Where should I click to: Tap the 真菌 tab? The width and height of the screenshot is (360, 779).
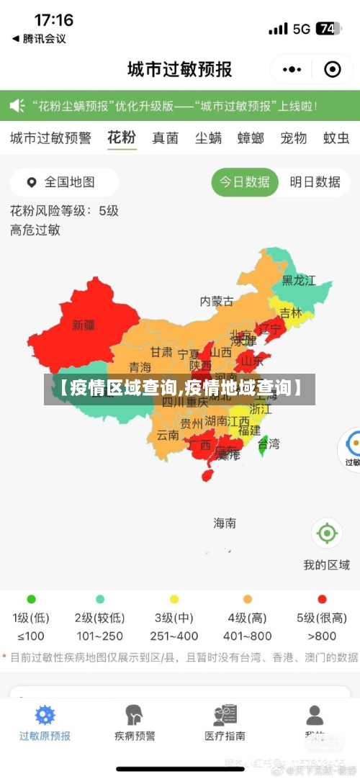pos(165,138)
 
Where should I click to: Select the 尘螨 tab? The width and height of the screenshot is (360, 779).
pos(208,138)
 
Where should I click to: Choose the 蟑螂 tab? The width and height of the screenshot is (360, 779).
pos(251,138)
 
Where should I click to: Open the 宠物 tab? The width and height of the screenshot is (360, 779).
pos(293,138)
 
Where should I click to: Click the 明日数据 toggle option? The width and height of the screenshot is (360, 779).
pos(315,182)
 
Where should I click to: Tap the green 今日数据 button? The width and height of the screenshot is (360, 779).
pos(245,182)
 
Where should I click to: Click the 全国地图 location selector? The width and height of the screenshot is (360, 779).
pos(63,182)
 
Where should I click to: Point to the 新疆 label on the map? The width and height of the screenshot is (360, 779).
pos(84,325)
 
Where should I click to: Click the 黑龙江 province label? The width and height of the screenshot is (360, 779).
pos(298,280)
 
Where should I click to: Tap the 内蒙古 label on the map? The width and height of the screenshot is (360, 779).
pos(217,301)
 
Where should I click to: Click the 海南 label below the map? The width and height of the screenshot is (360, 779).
pos(225,523)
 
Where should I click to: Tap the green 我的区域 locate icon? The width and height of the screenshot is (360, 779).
pos(326,533)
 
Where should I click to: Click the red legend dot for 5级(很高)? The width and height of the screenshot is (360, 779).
pos(322,599)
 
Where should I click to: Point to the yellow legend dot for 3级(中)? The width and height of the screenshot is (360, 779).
pos(174,599)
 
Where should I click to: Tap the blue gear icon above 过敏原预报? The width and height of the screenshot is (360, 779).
pos(45,715)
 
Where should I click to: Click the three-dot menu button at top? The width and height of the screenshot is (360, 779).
pos(292,69)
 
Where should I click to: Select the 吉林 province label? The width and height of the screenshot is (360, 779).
pos(291,312)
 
